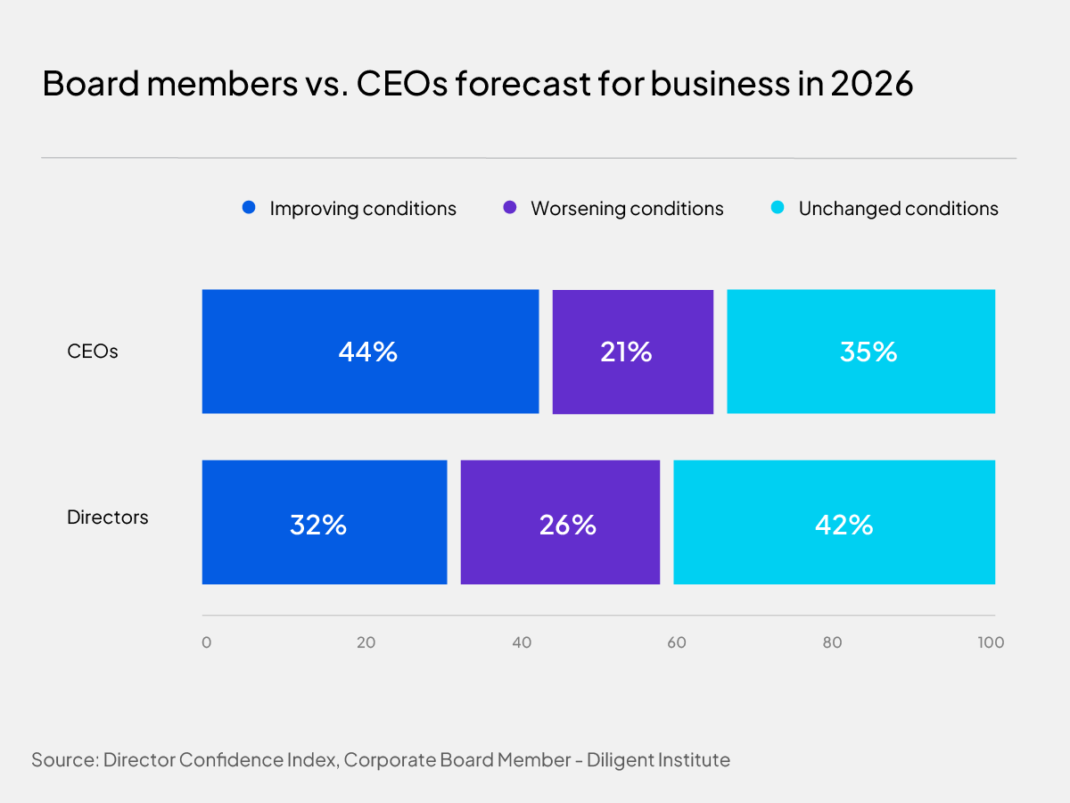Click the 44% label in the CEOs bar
coord(367,352)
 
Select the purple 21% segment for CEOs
coord(632,352)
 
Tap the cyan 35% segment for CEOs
coord(861,352)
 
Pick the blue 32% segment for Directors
coord(324,523)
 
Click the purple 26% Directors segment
coord(560,523)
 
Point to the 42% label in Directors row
coord(844,524)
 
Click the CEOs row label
coord(93,352)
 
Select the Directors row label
coord(108,517)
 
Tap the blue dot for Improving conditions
coord(249,208)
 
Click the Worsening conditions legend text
coord(627,209)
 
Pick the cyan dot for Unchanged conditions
coord(778,208)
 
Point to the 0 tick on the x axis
coord(206,642)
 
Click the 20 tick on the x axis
coord(364,642)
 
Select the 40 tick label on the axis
coord(521,642)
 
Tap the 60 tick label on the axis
coord(677,642)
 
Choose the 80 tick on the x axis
coord(832,642)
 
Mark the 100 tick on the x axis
coord(991,642)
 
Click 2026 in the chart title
coord(871,83)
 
